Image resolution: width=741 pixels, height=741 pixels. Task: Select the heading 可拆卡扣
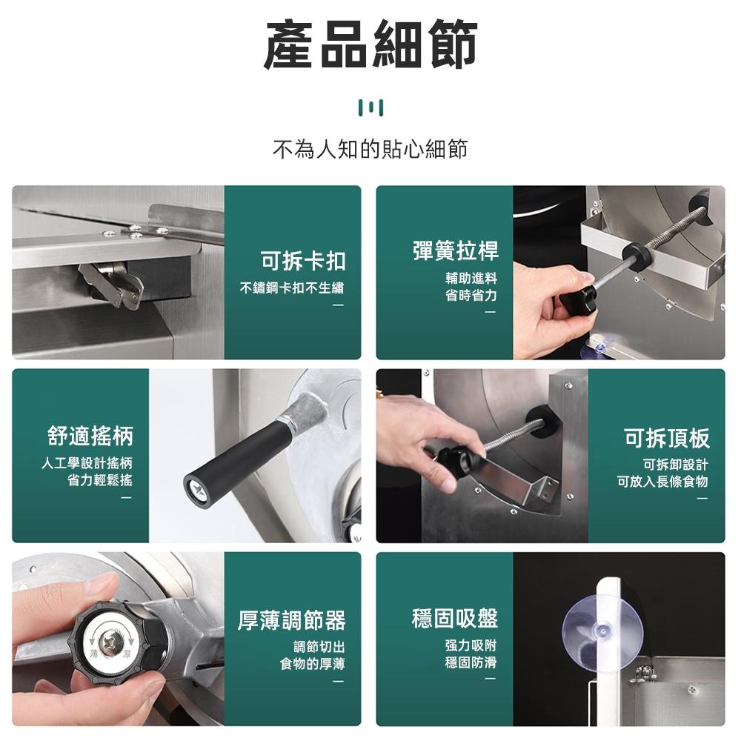(x=303, y=261)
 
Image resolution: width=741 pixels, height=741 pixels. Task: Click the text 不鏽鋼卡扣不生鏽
(x=292, y=288)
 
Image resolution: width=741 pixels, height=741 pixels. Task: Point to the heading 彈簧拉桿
(x=455, y=250)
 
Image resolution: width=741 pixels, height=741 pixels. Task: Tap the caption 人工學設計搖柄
(x=87, y=464)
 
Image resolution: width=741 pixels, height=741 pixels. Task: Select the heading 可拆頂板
(x=666, y=438)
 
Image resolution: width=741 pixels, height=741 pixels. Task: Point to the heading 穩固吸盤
(x=455, y=617)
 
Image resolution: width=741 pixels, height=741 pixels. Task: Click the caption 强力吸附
(x=471, y=645)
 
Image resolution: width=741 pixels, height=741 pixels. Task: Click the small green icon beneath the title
(x=370, y=108)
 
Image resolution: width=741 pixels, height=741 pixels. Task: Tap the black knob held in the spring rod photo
(x=578, y=299)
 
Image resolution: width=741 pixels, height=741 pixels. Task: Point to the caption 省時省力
(x=471, y=295)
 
